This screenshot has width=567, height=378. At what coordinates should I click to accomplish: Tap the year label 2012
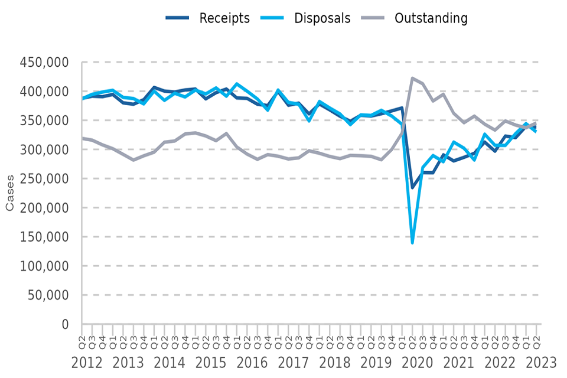click(x=87, y=363)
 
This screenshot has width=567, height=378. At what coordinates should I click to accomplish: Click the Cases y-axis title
click(x=10, y=194)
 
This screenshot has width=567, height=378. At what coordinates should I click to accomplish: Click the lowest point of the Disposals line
click(x=412, y=243)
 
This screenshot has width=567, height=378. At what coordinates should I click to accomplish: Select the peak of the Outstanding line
click(x=412, y=78)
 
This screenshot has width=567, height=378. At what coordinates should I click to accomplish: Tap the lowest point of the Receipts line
click(x=412, y=188)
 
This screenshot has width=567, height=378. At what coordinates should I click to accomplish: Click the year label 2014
click(x=170, y=363)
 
